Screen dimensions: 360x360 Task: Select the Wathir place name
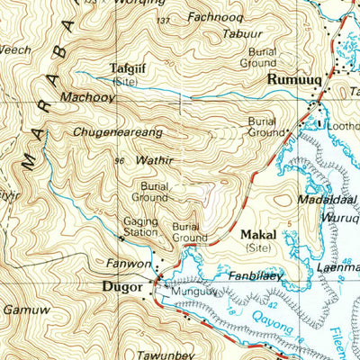tap(149, 164)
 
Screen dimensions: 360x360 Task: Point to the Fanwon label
tap(124, 265)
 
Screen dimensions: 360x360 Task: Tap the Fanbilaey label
tap(256, 275)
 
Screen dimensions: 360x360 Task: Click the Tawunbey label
tap(166, 354)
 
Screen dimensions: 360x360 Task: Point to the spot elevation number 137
tap(162, 20)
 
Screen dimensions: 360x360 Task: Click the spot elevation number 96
tap(118, 161)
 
